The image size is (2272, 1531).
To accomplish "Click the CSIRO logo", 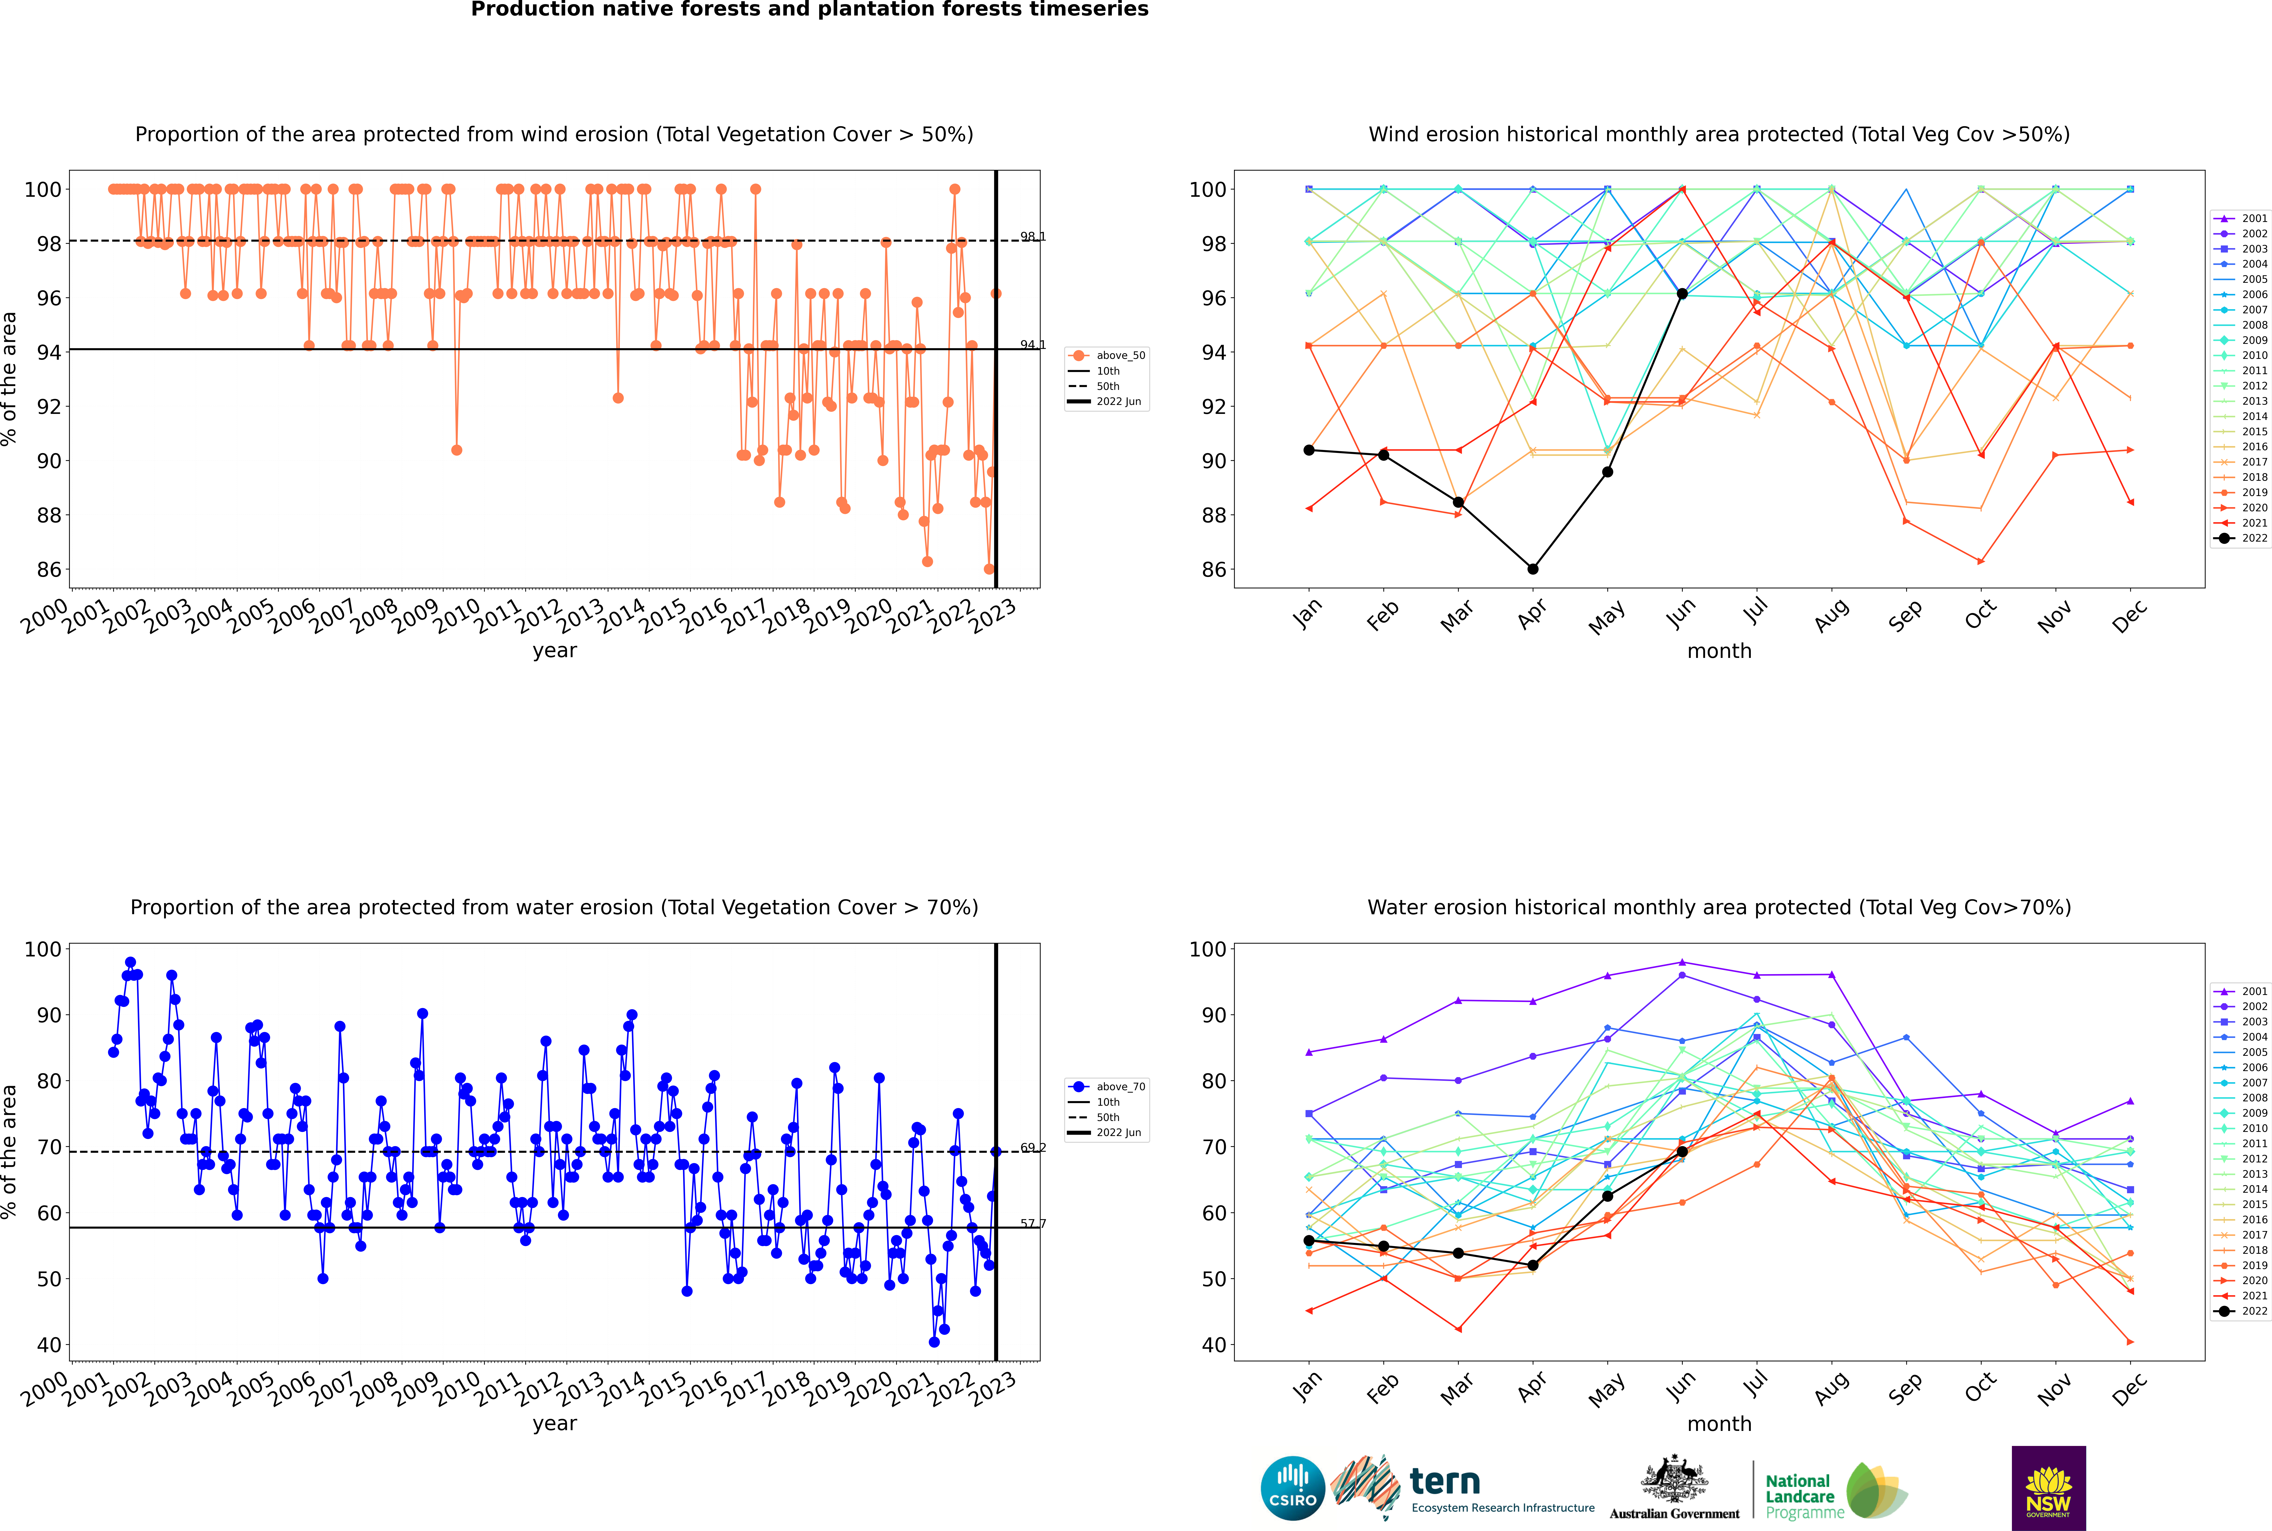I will (1292, 1488).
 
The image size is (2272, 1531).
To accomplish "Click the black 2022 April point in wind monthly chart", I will (1533, 568).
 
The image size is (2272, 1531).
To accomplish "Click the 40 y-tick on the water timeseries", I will (49, 1344).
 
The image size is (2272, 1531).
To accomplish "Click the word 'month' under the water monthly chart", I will (1719, 1424).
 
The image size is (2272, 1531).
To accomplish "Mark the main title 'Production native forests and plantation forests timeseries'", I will (810, 10).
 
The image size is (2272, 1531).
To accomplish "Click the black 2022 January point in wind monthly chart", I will (1309, 450).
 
